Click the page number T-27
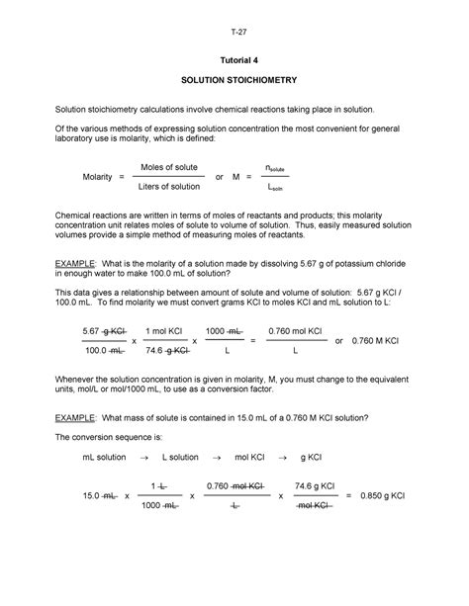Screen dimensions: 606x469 coord(234,31)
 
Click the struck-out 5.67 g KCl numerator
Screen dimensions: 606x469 coord(104,331)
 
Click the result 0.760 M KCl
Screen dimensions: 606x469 coord(376,340)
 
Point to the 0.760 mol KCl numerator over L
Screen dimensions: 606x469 coord(293,331)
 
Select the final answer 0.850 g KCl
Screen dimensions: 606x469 coord(390,523)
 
